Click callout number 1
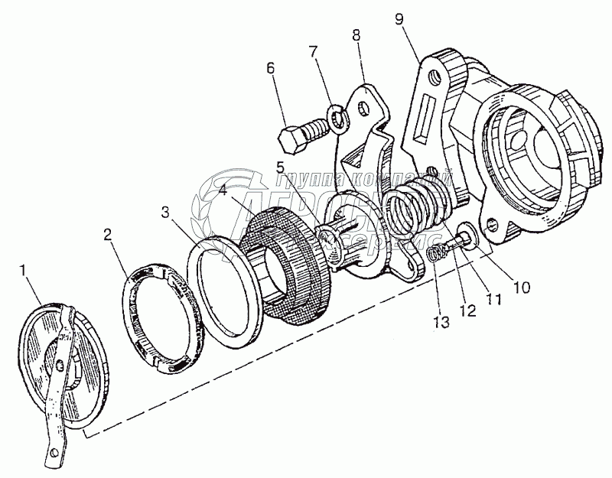[24, 270]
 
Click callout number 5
[282, 167]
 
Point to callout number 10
[520, 288]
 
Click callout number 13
[441, 320]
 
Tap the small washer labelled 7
[337, 118]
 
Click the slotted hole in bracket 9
[423, 123]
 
